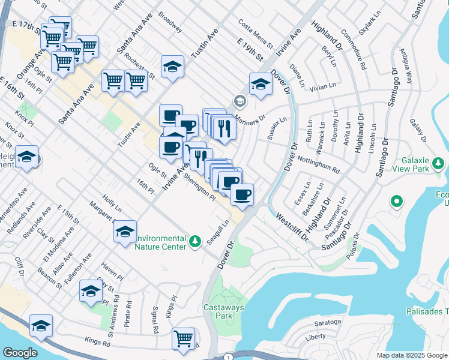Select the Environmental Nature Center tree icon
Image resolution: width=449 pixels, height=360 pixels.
194,241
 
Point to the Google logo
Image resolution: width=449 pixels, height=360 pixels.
19,353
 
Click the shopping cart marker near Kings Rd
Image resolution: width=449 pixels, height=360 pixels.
183,338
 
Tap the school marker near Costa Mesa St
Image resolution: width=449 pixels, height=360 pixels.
172,67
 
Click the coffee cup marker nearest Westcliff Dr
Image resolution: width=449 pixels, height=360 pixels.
242,194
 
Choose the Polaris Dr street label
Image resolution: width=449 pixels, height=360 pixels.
354,244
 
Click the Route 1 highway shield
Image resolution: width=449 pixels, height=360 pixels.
228,357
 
